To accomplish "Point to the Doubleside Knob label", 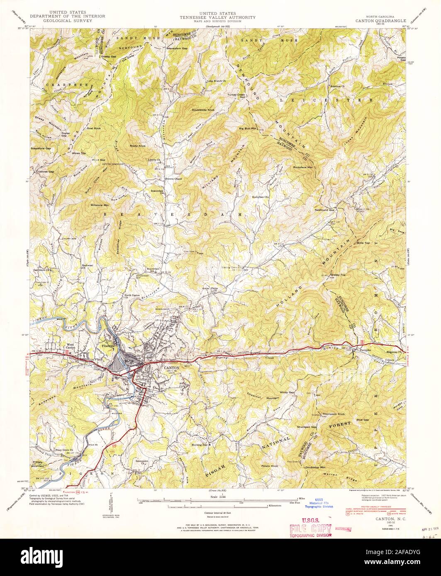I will click(203, 110).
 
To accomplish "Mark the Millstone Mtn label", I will click(100, 205).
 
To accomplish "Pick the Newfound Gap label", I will click(324, 210).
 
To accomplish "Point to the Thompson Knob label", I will click(334, 414).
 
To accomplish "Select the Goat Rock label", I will click(94, 128).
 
